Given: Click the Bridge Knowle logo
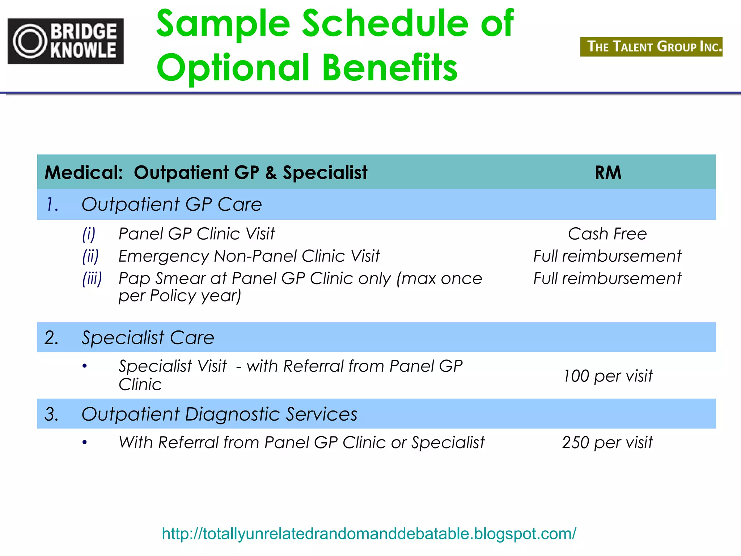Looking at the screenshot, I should (65, 41).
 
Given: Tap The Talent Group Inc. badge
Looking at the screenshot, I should (651, 47).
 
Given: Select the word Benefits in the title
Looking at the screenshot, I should (390, 68).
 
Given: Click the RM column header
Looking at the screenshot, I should (608, 172).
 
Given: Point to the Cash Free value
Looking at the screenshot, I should (607, 234).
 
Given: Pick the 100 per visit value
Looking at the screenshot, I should (608, 376).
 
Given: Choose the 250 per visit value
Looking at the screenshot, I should (607, 442).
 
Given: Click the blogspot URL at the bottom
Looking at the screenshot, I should (369, 534).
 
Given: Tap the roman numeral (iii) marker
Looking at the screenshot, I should (92, 279).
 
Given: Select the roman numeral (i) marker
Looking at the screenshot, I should (89, 234).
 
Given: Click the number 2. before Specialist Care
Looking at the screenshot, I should (51, 337).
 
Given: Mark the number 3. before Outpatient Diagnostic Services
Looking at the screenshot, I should (51, 414).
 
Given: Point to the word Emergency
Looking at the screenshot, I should (164, 256).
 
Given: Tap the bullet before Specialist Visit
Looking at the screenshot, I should (85, 366).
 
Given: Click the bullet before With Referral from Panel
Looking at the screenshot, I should (85, 442).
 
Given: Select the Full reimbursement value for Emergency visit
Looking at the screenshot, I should (607, 256).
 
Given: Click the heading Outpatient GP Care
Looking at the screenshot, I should (172, 205).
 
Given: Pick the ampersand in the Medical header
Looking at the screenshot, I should (271, 173).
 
